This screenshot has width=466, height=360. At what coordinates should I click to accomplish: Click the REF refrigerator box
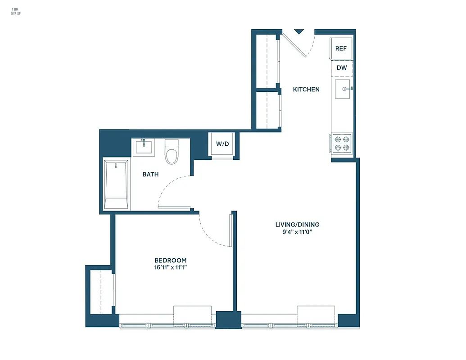pos(341,48)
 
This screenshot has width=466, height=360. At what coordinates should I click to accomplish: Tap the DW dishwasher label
pos(342,68)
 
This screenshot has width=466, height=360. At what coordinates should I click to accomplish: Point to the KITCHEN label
pos(306,90)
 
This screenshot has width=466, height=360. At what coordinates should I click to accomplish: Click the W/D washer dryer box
pos(222,144)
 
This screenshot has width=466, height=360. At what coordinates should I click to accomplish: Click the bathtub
pos(116,184)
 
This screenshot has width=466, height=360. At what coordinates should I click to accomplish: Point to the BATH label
pos(150,174)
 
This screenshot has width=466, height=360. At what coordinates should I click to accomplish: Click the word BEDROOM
pos(170,261)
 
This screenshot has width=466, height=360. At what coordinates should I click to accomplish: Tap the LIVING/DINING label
pos(294,225)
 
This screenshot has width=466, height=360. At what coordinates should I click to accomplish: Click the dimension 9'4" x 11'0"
pos(294,232)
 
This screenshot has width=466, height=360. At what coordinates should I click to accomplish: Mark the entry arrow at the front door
pos(299,31)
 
